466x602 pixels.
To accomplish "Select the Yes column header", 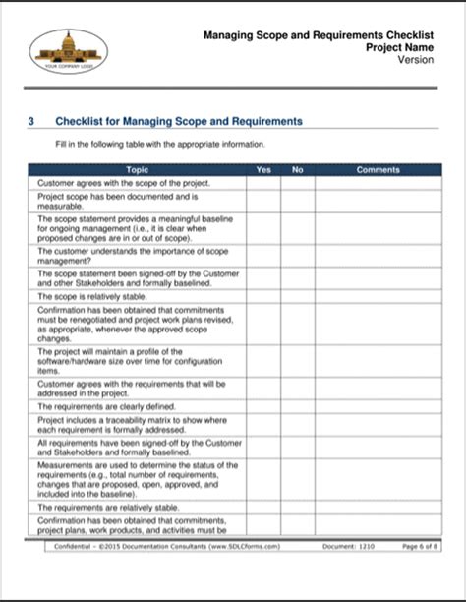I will [x=262, y=170].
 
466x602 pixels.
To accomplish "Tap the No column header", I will [x=298, y=170].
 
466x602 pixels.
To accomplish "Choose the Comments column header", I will [x=378, y=170].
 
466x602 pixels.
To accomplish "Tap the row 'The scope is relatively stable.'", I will [x=92, y=296].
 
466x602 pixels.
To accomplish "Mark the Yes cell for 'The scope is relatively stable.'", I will [x=262, y=296].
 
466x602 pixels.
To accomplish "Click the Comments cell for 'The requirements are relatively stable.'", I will [x=378, y=507].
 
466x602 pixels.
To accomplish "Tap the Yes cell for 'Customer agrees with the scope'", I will [x=262, y=183].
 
